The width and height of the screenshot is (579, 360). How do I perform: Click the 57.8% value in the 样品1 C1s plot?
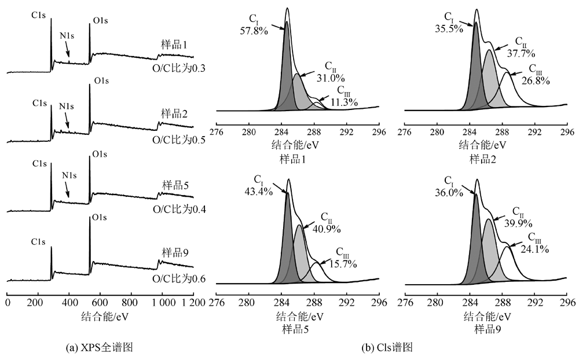[x=254, y=31]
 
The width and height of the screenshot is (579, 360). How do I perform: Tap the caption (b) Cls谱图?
[x=387, y=348]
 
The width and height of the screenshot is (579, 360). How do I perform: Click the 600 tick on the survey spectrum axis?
[x=100, y=303]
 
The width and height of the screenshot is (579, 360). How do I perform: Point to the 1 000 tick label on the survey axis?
[x=162, y=303]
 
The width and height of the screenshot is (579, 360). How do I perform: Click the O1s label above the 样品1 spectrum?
[x=100, y=22]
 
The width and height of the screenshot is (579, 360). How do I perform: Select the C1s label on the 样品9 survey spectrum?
[x=39, y=241]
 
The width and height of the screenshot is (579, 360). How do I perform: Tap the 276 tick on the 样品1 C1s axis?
[x=215, y=132]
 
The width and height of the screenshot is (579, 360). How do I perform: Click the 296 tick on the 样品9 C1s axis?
[x=567, y=302]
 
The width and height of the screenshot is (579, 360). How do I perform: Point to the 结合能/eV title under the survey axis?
[x=100, y=317]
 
